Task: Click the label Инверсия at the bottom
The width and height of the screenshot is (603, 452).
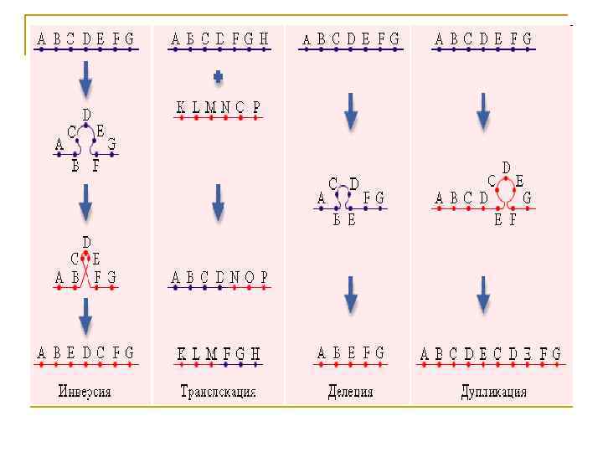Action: tap(85, 391)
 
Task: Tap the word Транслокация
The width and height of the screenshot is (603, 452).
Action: tap(218, 391)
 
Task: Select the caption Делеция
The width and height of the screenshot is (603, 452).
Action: tap(351, 391)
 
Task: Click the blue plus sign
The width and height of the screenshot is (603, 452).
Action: tap(219, 77)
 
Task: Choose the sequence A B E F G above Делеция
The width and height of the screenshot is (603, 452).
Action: tap(351, 354)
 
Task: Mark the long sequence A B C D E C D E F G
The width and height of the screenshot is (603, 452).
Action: tap(491, 354)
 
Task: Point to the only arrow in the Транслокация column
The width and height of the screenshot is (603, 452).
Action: tap(219, 202)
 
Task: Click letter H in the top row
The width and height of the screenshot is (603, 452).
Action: tap(264, 39)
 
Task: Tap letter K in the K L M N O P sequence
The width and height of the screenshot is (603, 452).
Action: tap(181, 107)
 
